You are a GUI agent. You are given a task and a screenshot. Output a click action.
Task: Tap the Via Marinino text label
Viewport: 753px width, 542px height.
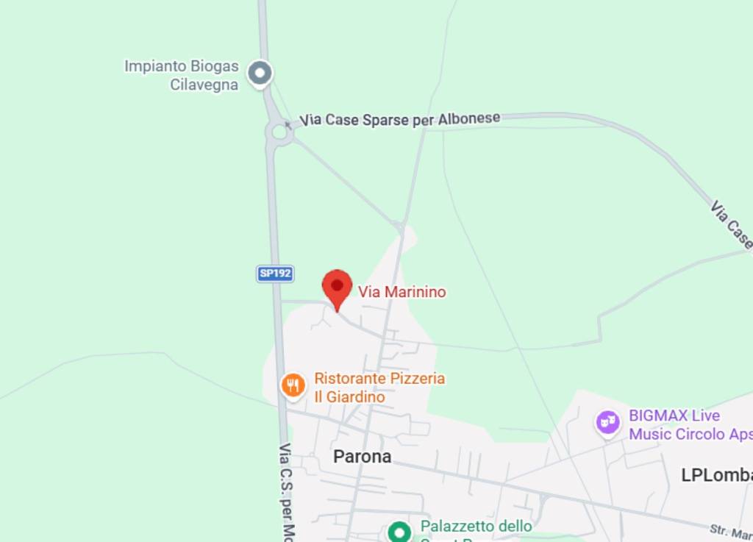[402, 292]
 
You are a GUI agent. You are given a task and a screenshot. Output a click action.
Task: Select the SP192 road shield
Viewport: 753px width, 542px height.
[276, 274]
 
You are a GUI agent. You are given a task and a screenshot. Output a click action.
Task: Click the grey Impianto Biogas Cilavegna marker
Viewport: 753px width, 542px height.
[260, 73]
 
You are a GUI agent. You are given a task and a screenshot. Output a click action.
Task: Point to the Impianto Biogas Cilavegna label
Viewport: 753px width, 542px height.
[182, 75]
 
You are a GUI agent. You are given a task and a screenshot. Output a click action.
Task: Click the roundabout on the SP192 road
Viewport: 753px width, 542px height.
[279, 132]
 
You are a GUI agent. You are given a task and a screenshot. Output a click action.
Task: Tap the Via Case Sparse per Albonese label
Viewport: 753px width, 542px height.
[400, 119]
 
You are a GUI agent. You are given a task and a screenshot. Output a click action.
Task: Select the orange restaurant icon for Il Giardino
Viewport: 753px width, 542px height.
[293, 385]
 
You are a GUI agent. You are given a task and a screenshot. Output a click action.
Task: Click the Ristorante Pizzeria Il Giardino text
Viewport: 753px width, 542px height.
[379, 388]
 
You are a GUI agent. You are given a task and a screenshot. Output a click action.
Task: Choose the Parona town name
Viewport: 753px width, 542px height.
[362, 457]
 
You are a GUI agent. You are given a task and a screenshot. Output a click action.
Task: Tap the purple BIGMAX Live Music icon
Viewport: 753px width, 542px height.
[607, 422]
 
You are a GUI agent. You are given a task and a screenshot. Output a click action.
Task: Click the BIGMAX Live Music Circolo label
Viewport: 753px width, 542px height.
[690, 424]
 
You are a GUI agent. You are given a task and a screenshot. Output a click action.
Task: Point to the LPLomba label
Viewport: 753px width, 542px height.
[716, 475]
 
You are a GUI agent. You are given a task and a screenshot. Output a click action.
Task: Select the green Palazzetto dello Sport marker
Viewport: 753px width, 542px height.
[399, 531]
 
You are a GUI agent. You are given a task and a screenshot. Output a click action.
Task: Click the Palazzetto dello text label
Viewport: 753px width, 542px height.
[476, 527]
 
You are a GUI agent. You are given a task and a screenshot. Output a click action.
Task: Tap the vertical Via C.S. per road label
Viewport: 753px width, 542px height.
[286, 490]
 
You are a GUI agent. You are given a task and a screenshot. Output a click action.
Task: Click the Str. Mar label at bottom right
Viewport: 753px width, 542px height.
[730, 532]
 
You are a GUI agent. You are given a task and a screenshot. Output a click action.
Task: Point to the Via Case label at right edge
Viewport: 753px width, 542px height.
[731, 225]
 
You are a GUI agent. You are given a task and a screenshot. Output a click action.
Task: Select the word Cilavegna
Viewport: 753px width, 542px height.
[204, 85]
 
